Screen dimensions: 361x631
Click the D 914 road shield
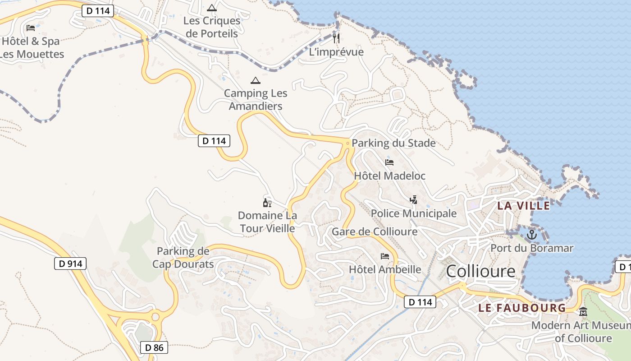tap(70, 264)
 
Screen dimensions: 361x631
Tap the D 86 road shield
tap(154, 347)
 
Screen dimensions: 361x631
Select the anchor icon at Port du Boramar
tap(532, 235)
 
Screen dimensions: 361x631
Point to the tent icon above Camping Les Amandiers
tap(256, 81)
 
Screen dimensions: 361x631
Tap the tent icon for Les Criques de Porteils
tap(212, 8)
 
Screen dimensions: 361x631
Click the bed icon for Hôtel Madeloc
tap(389, 162)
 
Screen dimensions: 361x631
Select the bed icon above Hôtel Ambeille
tap(385, 256)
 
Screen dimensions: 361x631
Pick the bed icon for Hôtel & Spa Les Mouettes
tap(31, 28)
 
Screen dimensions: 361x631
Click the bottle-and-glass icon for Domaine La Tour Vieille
tap(267, 203)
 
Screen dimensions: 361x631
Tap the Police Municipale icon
tap(413, 199)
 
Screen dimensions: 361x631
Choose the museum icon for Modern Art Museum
tap(583, 311)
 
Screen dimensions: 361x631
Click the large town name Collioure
tap(480, 271)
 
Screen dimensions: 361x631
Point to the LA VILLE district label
tap(523, 206)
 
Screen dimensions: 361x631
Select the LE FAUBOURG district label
tap(522, 308)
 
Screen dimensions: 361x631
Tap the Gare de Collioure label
tap(375, 231)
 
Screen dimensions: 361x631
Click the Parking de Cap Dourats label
tap(183, 257)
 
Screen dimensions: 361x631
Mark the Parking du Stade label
tap(393, 143)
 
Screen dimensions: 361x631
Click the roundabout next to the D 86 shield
tap(155, 317)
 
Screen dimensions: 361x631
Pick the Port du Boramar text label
tap(532, 248)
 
